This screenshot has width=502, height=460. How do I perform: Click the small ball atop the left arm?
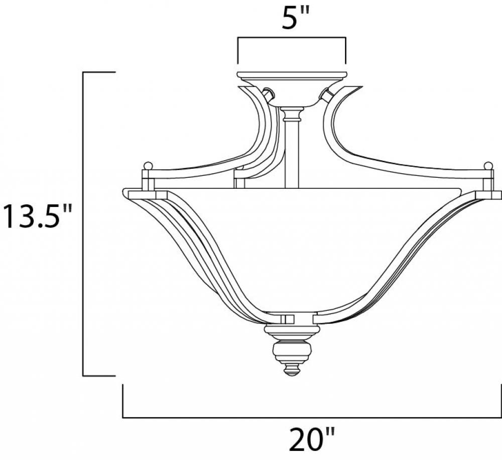click(x=148, y=166)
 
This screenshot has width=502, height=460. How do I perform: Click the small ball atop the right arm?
click(x=488, y=166)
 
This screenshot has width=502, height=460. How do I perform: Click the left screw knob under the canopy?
click(x=268, y=94)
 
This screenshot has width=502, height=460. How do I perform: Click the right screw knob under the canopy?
click(x=326, y=94)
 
